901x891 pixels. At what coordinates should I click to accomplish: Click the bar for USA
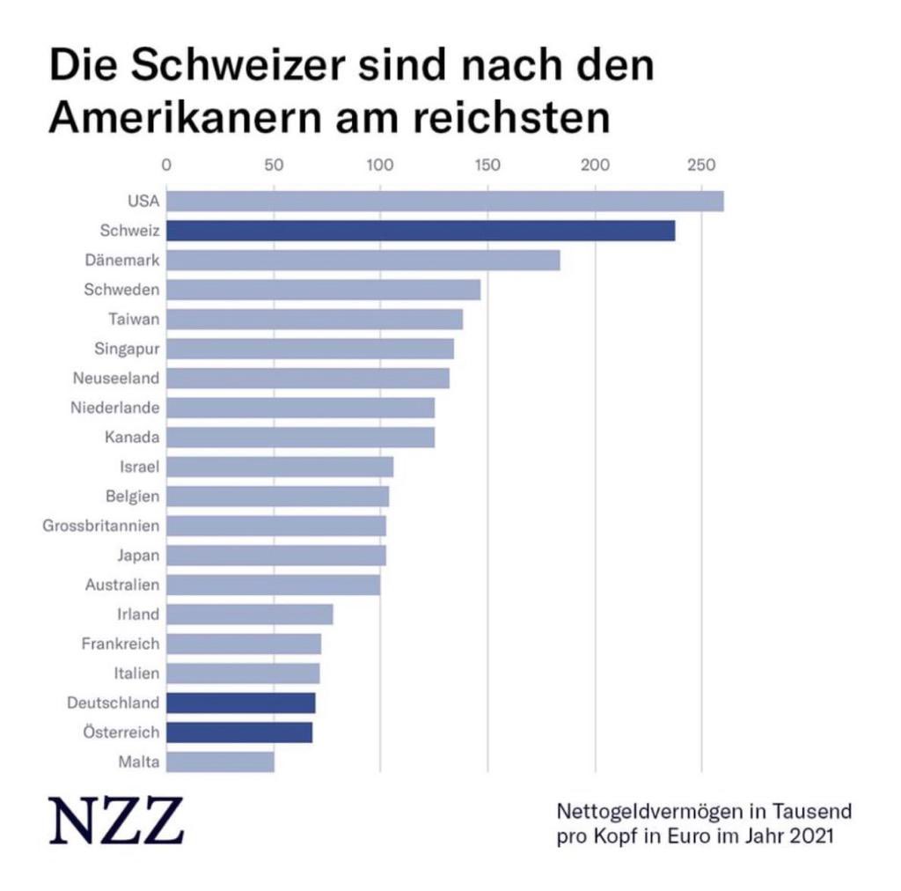(444, 202)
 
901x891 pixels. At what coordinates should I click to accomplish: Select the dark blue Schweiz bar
(421, 231)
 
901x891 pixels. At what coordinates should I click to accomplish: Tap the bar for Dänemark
(363, 261)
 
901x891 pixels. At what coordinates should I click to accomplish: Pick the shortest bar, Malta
(220, 762)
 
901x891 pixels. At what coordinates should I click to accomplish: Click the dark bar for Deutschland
(240, 703)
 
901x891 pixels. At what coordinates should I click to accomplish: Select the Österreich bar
(238, 733)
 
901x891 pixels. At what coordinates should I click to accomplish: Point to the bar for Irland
(249, 614)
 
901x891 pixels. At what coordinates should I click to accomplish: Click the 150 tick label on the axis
(487, 164)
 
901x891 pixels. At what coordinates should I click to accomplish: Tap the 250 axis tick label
(701, 164)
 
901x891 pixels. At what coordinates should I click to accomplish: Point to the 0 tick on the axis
(166, 164)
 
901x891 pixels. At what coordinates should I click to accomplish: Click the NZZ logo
(116, 821)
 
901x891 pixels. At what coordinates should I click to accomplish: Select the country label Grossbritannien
(101, 526)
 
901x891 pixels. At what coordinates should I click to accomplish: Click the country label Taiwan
(134, 319)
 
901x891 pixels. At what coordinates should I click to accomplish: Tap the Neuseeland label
(115, 379)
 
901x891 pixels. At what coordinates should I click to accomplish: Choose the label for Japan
(138, 556)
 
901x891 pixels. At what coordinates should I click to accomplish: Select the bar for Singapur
(310, 349)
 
